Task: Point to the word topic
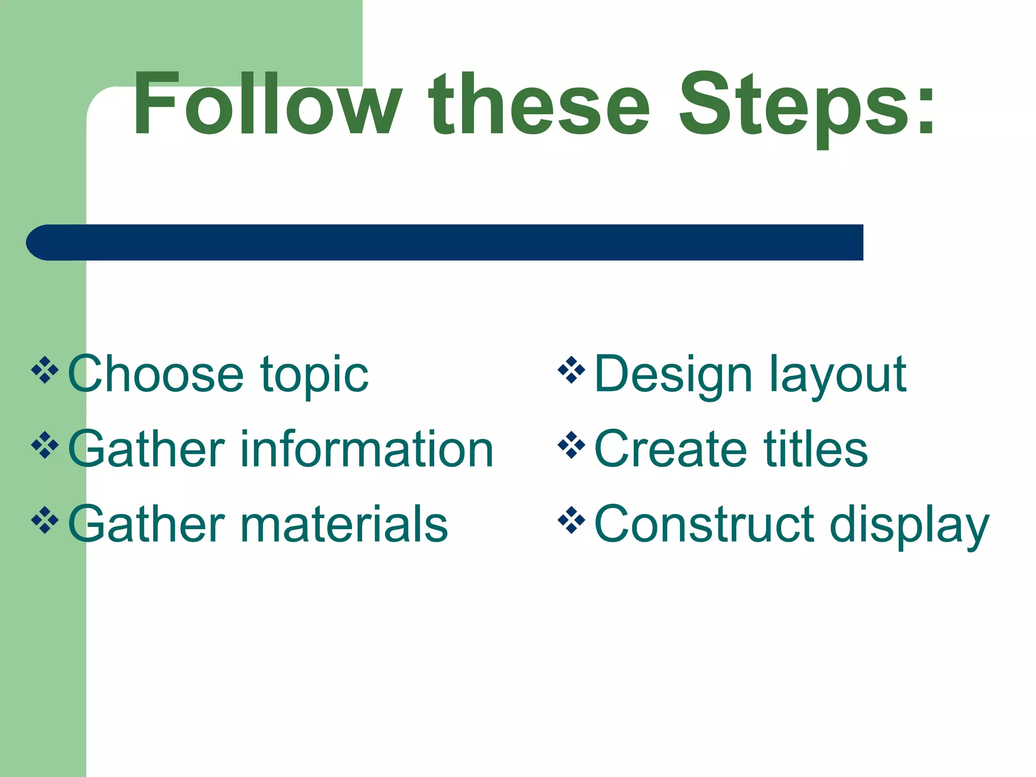pyautogui.click(x=314, y=377)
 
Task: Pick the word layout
pyautogui.click(x=838, y=377)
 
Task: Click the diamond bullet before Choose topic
pyautogui.click(x=45, y=370)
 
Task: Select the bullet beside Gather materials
pyautogui.click(x=45, y=520)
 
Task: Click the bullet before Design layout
pyautogui.click(x=571, y=370)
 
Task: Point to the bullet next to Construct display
pyautogui.click(x=571, y=520)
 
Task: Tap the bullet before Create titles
pyautogui.click(x=571, y=445)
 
